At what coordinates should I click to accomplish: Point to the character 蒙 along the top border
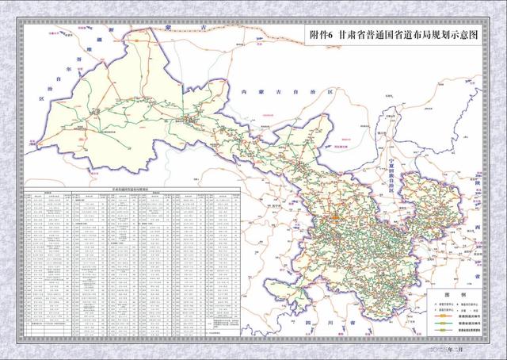[170, 27]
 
